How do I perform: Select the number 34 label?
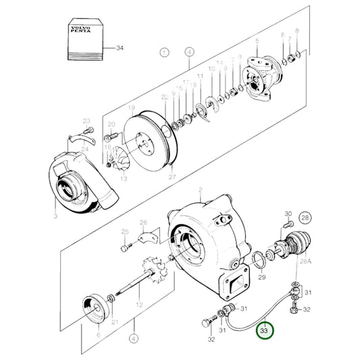pyautogui.click(x=120, y=49)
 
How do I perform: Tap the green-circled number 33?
pyautogui.click(x=264, y=331)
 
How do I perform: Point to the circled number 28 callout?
pyautogui.click(x=305, y=217)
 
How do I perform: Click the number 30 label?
pyautogui.click(x=288, y=213)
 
